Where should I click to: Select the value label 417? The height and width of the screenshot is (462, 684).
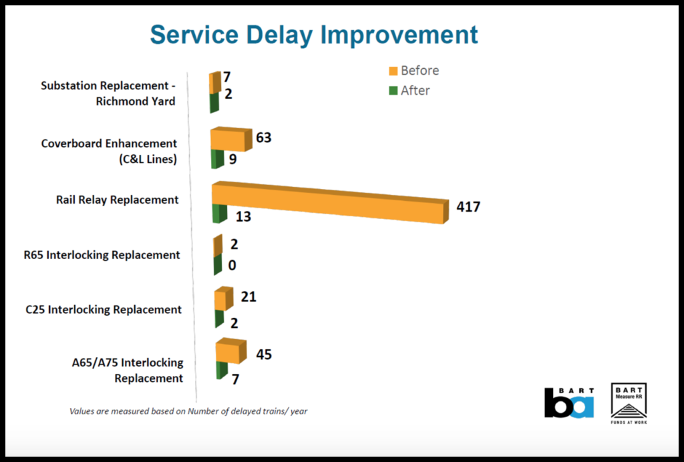[468, 207]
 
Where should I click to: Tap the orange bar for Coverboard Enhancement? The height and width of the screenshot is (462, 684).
[228, 140]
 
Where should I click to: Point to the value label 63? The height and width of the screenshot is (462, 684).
[264, 138]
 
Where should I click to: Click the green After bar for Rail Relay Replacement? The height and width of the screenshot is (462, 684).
[216, 214]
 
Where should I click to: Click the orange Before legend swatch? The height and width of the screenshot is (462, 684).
[393, 71]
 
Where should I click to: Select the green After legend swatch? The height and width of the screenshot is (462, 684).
[393, 91]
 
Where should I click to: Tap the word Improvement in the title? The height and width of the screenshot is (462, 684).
[399, 35]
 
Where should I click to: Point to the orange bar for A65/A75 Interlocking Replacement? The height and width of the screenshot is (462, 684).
[228, 353]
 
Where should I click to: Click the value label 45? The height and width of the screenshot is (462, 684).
[264, 355]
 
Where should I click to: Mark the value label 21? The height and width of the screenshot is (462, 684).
[248, 297]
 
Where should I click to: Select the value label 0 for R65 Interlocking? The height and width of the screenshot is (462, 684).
[232, 265]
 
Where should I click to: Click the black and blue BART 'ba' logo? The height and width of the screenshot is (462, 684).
[568, 403]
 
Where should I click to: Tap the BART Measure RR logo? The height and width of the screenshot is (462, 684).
[629, 403]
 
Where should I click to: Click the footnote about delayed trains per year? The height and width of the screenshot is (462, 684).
[188, 411]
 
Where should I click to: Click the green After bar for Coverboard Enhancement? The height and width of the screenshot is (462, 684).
[216, 160]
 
